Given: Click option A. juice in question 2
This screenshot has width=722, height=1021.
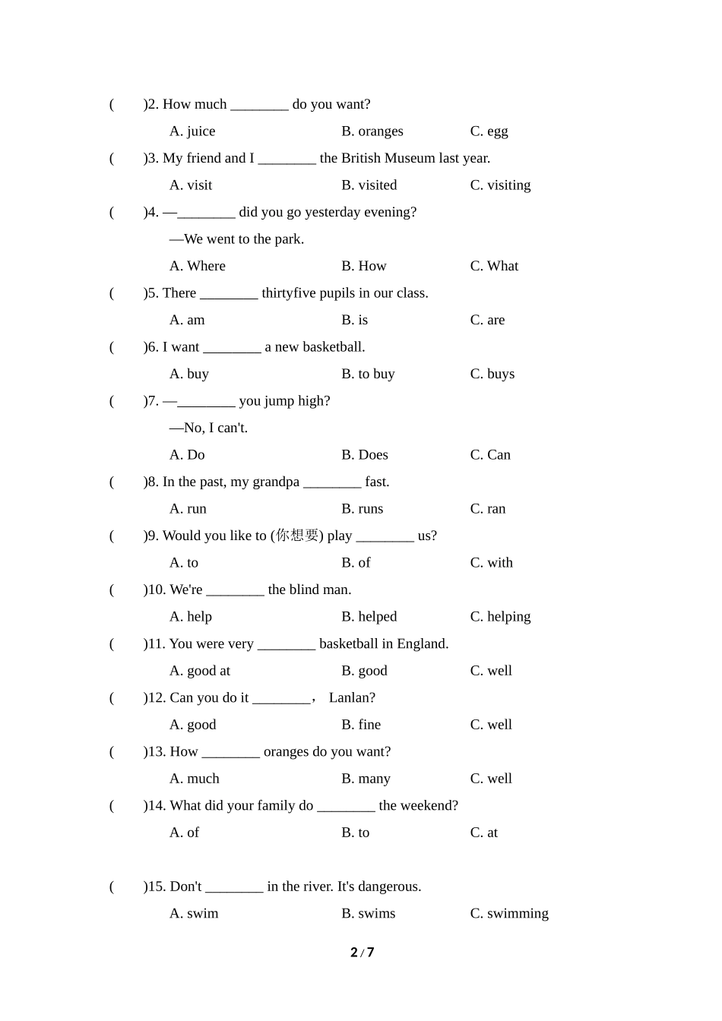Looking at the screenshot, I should point(192,131).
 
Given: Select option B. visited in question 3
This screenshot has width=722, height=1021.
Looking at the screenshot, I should point(369,185).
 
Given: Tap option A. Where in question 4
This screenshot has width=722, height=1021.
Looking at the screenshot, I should point(197,266).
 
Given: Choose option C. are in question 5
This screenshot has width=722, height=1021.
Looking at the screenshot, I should point(487,320).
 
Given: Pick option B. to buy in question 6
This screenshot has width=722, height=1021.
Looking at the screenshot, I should point(368,374).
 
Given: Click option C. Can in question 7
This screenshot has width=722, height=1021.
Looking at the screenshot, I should point(490,455).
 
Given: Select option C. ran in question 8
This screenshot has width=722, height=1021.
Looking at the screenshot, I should point(487,509).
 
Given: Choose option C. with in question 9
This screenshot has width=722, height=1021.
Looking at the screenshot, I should point(491,563).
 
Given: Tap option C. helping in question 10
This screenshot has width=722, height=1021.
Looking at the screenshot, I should point(500,617).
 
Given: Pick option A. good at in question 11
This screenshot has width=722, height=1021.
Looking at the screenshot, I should point(199,671).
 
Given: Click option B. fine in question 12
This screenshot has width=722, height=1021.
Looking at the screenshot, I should point(361,725).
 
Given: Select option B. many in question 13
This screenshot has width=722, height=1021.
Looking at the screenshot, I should point(366,779).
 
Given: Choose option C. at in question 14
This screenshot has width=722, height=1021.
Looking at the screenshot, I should point(483,833).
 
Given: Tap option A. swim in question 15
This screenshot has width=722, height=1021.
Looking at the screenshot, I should point(194,914).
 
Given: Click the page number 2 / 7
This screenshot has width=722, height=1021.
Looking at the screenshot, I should point(362,953).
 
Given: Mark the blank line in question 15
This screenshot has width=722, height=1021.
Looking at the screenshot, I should point(234,887).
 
